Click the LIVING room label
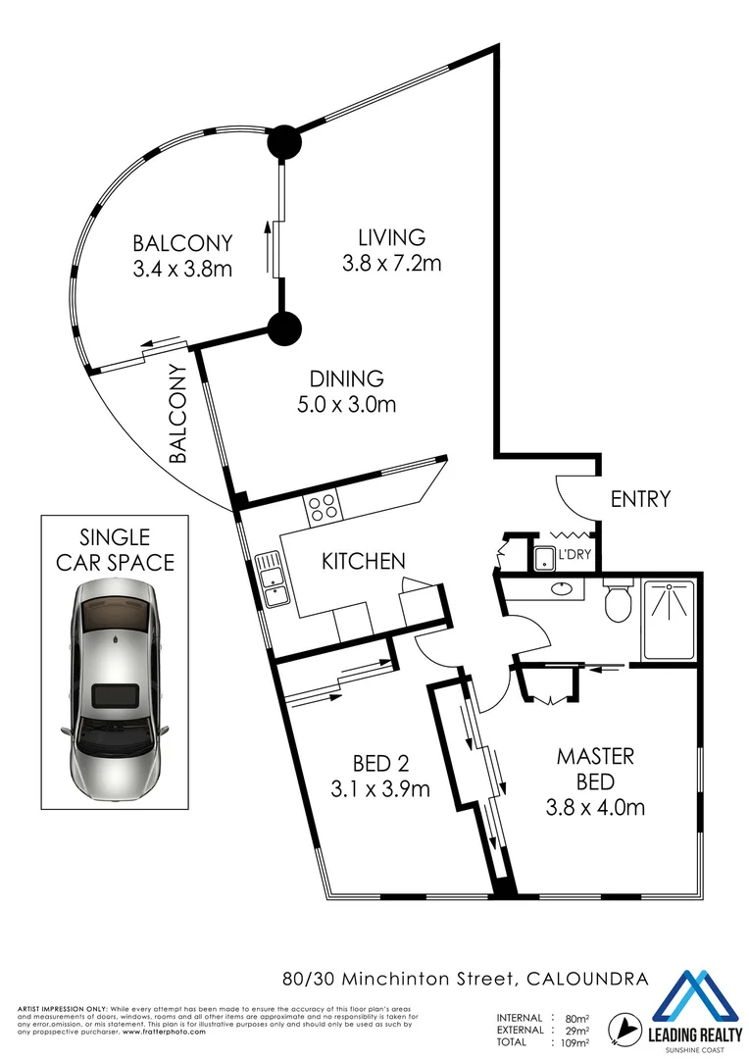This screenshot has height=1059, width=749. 391,250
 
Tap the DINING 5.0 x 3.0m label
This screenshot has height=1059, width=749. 346,390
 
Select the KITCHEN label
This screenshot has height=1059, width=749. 363,561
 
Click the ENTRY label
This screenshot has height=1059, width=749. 640,499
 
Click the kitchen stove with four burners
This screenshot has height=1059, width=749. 323,507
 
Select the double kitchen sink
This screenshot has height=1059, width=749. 269,579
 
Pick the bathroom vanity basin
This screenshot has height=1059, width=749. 562,589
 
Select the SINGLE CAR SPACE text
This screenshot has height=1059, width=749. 115,550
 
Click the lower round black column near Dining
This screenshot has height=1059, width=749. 284,327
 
